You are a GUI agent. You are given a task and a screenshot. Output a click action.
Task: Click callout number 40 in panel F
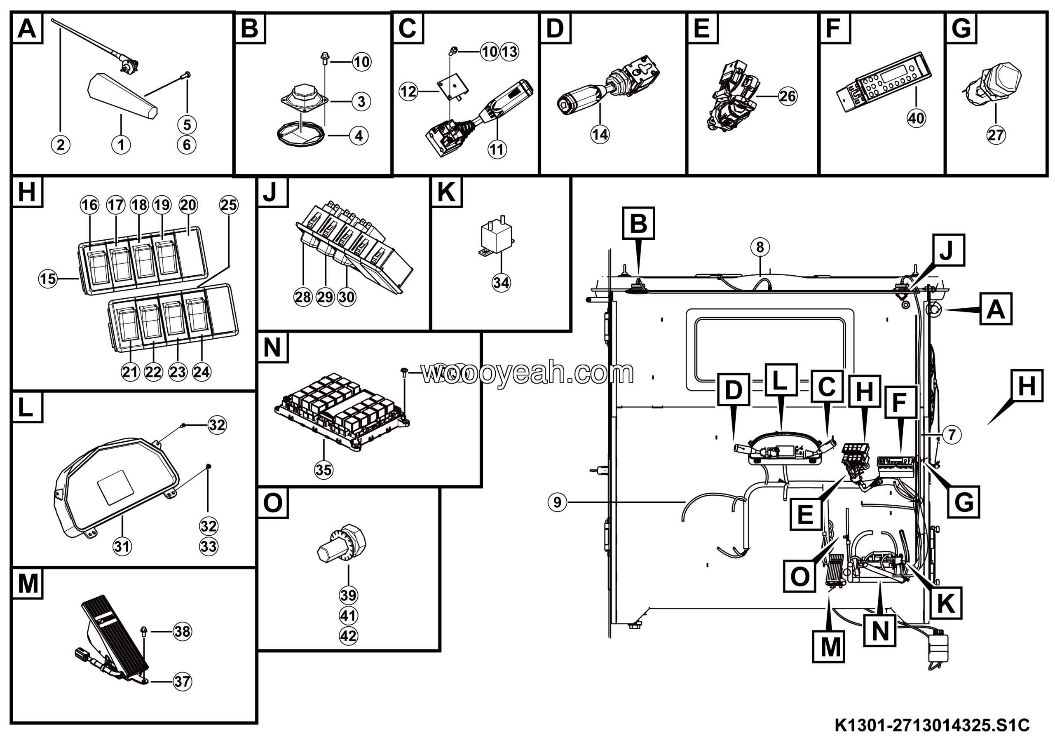pyautogui.click(x=916, y=119)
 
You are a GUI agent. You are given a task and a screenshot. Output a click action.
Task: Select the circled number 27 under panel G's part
pyautogui.click(x=996, y=135)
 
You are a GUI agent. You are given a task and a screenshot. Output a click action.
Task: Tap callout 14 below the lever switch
pyautogui.click(x=600, y=135)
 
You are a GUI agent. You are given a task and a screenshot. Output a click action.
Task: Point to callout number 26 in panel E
pyautogui.click(x=788, y=96)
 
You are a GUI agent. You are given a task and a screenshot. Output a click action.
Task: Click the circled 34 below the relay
pyautogui.click(x=501, y=283)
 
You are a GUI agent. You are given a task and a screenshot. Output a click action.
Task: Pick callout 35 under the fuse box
pyautogui.click(x=324, y=470)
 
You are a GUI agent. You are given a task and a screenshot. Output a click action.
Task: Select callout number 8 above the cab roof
pyautogui.click(x=760, y=247)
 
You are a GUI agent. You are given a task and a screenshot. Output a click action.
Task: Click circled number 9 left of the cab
pyautogui.click(x=557, y=502)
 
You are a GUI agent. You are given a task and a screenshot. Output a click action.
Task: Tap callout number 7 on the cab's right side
pyautogui.click(x=952, y=434)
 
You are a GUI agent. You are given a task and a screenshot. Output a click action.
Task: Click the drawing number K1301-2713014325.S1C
pyautogui.click(x=932, y=726)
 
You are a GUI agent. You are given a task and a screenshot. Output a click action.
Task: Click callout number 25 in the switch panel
pyautogui.click(x=229, y=205)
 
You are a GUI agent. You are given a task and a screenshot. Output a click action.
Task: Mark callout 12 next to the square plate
pyautogui.click(x=408, y=91)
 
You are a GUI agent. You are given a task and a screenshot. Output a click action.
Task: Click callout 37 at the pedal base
pyautogui.click(x=182, y=682)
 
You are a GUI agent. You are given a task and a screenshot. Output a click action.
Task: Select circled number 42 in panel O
pyautogui.click(x=348, y=636)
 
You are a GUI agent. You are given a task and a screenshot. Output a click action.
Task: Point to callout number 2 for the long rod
pyautogui.click(x=61, y=145)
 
